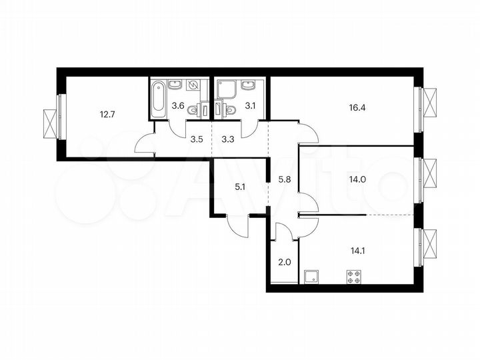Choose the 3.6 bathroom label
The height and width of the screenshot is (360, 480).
[179, 105]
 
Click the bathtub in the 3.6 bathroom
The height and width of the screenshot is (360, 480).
[158, 99]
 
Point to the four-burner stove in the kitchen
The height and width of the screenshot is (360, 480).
[354, 277]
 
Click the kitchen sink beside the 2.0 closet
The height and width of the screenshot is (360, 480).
[310, 277]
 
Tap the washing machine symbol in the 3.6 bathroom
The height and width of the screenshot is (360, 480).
[193, 85]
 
